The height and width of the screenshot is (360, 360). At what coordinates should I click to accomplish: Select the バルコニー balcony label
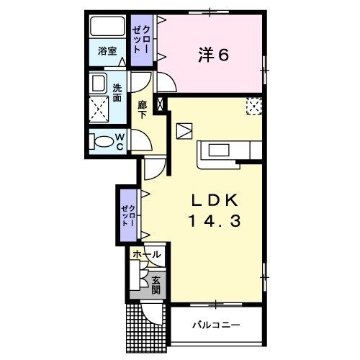click(x=215, y=325)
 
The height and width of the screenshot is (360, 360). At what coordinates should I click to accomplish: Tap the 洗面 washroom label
click(x=117, y=93)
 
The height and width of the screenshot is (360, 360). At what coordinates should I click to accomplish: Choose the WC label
click(x=120, y=142)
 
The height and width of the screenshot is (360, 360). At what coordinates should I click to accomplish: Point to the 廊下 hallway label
click(x=142, y=109)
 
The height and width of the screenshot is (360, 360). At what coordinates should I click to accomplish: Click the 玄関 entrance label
click(x=156, y=284)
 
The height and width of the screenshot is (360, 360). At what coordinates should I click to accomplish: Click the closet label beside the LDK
click(x=128, y=214)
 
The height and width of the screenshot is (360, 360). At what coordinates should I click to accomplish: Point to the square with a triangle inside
click(x=185, y=132)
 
